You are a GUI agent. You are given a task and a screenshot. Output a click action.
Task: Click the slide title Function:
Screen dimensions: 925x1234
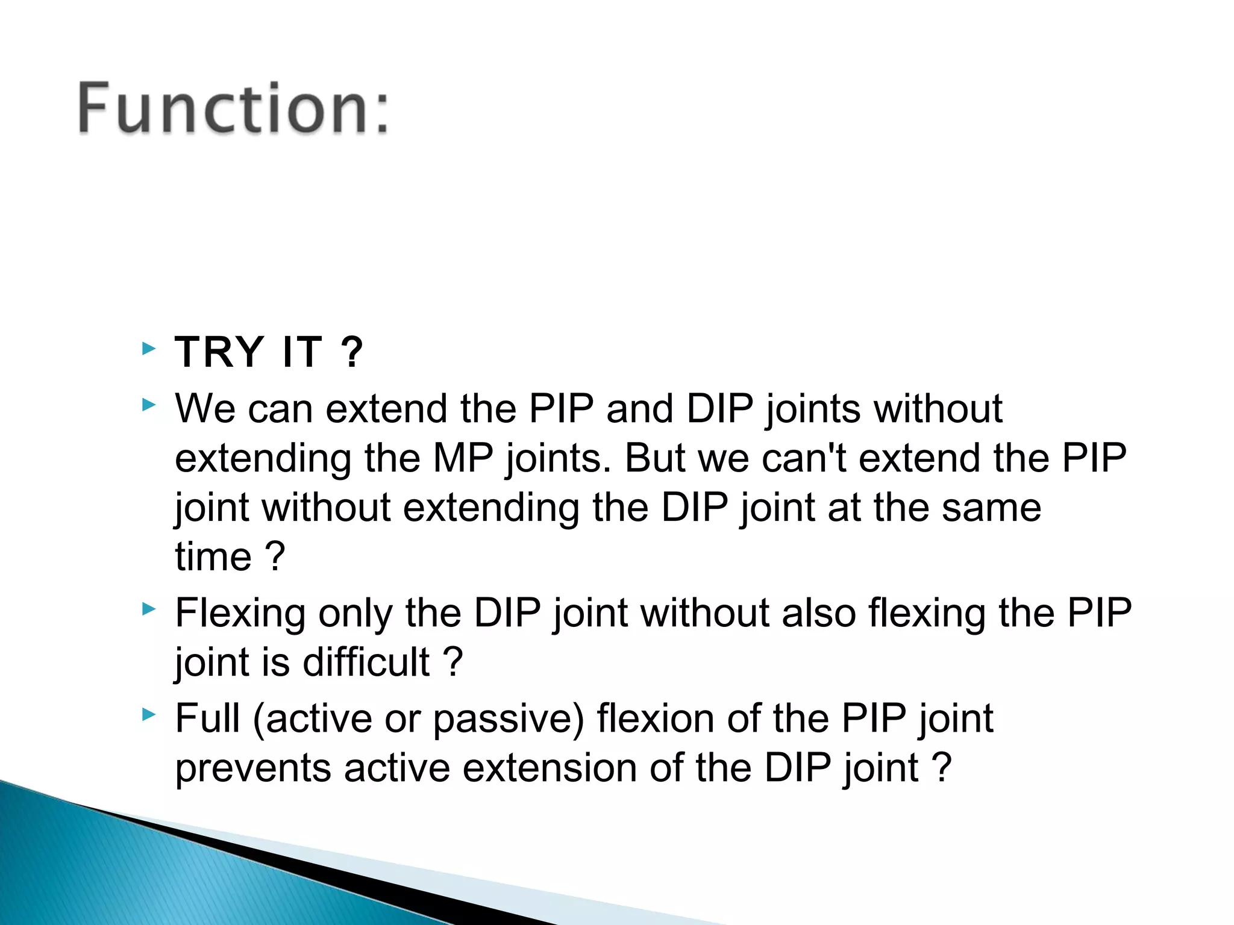point(234,108)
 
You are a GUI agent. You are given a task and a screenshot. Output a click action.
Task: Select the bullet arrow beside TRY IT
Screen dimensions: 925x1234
point(149,348)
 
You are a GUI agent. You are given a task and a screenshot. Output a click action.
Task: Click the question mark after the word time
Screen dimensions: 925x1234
point(275,556)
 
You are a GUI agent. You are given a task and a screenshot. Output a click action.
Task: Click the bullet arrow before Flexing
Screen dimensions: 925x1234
point(149,609)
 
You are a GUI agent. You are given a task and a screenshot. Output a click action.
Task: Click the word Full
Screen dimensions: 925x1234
point(207,718)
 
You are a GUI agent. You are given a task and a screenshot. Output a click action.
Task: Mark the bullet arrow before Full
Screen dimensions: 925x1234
point(149,715)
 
